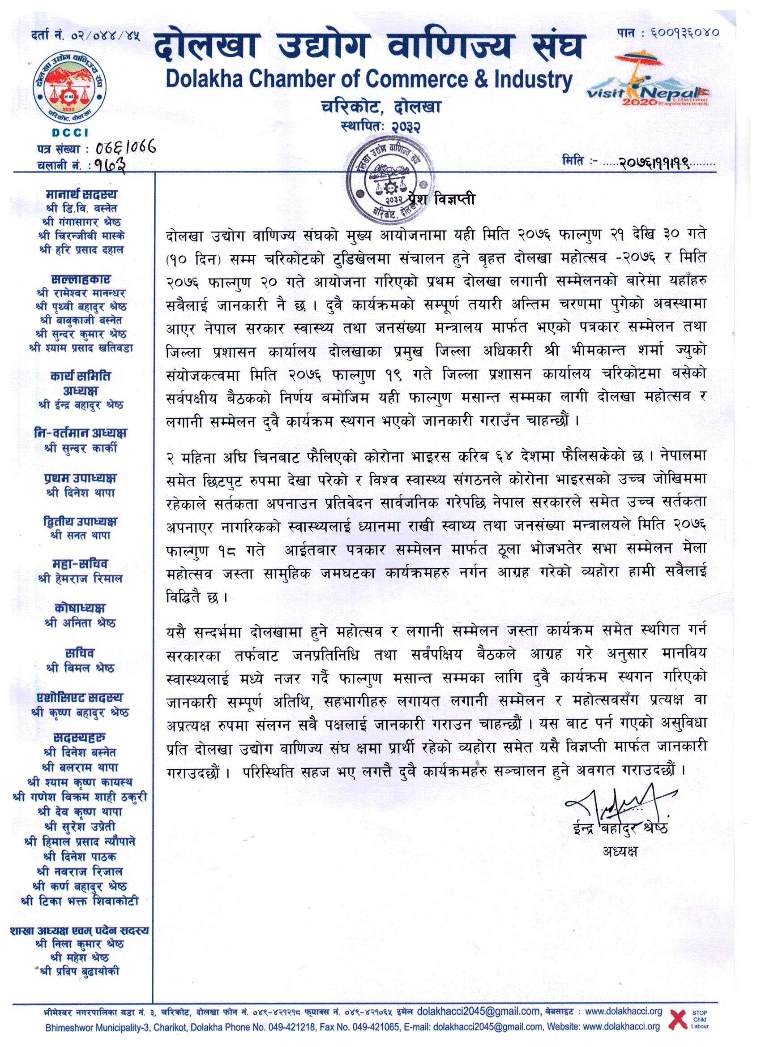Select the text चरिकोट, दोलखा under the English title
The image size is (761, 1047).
click(x=381, y=107)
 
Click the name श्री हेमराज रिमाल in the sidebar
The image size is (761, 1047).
click(x=80, y=579)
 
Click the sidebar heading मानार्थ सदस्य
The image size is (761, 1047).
click(x=81, y=194)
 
